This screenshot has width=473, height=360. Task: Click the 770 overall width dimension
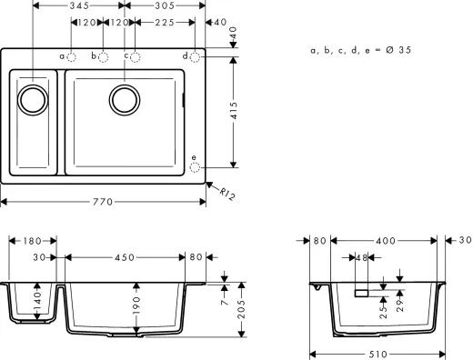(103, 202)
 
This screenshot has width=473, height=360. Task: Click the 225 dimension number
(165, 23)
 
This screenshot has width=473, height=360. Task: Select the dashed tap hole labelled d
(196, 56)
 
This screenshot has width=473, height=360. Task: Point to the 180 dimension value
(32, 241)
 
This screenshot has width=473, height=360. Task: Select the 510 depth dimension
(379, 354)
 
